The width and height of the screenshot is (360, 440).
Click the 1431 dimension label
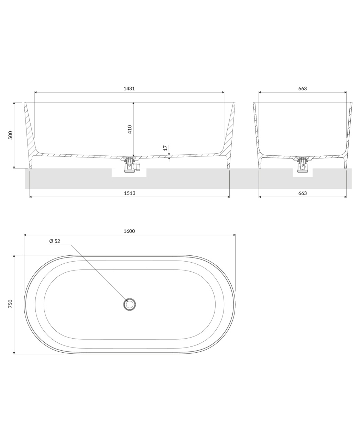[x=129, y=88]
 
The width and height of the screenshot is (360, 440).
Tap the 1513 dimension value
[x=130, y=193]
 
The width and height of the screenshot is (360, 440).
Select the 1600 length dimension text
[x=129, y=231]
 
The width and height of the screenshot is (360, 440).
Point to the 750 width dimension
[x=10, y=304]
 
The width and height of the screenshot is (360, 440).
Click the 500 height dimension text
[x=10, y=135]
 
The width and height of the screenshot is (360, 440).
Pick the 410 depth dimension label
[x=130, y=129]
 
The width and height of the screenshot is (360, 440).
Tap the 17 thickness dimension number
[x=165, y=148]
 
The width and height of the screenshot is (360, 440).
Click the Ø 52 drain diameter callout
[x=55, y=241]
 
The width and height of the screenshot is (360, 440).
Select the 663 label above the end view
[x=303, y=88]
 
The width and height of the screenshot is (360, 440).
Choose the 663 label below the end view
[x=303, y=193]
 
